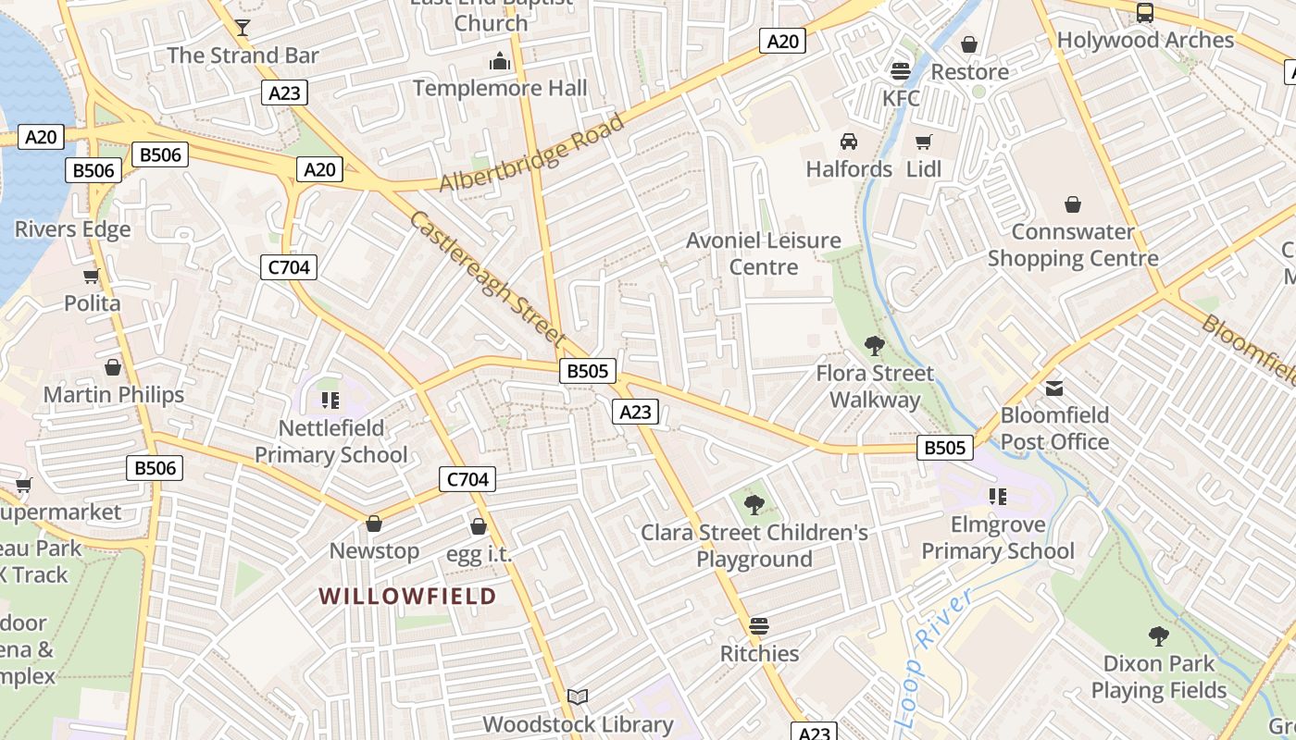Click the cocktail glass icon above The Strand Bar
tap(243, 27)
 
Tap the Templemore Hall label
tap(500, 88)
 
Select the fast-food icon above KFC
tap(900, 71)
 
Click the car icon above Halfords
tap(848, 142)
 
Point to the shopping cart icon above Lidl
tap(923, 142)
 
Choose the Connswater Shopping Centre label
tap(1073, 245)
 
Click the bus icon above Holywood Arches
tap(1145, 13)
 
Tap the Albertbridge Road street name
tap(531, 154)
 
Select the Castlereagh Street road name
tap(487, 277)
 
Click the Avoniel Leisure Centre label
tap(764, 253)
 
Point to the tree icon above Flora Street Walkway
tap(874, 347)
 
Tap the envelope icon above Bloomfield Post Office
tap(1054, 388)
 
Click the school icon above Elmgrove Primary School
tap(997, 497)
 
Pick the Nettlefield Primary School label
tap(330, 441)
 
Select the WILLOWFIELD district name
tap(408, 596)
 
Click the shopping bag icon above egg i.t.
tap(479, 526)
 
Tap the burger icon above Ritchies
tap(759, 626)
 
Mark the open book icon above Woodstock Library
tap(578, 697)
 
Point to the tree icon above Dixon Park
tap(1158, 636)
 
